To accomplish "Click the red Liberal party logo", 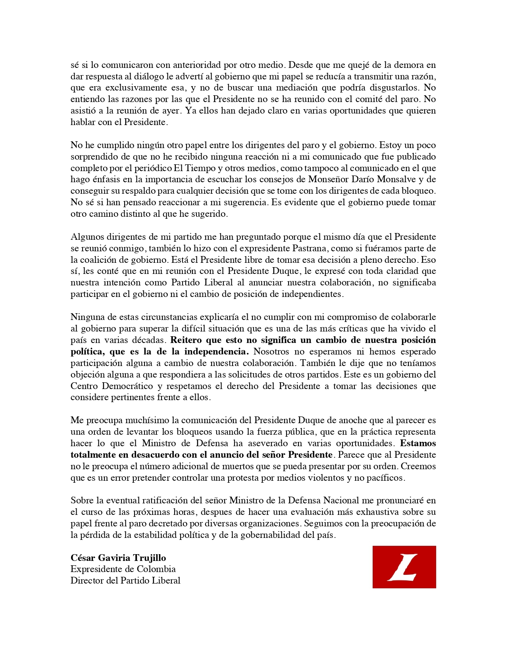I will coord(404,567).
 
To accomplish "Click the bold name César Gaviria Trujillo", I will coord(118,558).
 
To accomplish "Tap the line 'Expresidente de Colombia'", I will coord(123,569).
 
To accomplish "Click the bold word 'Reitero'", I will coord(186,340).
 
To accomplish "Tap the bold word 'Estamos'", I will coord(418,443).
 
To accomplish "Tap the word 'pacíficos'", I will coord(384,478).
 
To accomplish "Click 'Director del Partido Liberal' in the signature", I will coord(125,580).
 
